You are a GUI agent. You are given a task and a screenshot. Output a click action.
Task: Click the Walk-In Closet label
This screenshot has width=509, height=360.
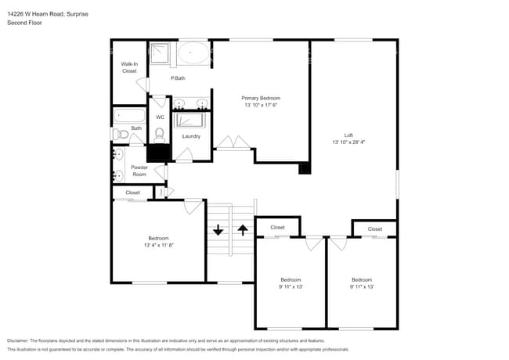[129, 67]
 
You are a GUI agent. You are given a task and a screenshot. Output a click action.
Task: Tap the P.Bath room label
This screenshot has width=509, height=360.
[178, 78]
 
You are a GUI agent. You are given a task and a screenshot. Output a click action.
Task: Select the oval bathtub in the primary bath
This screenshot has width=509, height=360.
[193, 54]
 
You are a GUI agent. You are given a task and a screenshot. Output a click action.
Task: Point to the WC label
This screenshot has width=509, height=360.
[160, 117]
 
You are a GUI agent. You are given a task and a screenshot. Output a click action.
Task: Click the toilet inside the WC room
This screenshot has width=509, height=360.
[160, 134]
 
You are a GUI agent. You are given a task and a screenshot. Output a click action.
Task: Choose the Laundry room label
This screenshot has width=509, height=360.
[191, 136]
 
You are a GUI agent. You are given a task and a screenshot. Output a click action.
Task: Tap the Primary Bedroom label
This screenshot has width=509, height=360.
[261, 98]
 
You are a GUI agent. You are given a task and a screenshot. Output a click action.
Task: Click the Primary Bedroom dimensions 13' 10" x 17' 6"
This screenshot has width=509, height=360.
[261, 105]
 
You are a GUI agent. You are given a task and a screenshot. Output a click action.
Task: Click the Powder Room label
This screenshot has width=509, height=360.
[139, 171]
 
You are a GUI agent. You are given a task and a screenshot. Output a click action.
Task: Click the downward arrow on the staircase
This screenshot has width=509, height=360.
[218, 230]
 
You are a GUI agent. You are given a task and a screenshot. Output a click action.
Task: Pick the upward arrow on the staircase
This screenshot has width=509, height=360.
[243, 230]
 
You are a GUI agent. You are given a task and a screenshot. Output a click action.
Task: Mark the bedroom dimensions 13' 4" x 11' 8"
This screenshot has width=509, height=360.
[158, 245]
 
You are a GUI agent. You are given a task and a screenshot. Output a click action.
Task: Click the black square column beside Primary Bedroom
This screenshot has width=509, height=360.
[305, 168]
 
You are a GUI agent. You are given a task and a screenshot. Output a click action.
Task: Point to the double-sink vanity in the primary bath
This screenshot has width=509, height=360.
[190, 103]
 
